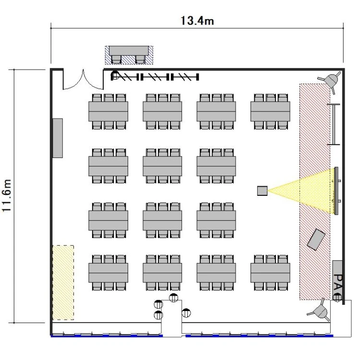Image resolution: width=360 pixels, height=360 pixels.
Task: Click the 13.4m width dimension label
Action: (x=197, y=21)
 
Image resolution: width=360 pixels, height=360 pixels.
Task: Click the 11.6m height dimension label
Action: (x=6, y=196)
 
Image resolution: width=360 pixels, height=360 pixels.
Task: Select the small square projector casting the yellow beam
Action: (x=262, y=191)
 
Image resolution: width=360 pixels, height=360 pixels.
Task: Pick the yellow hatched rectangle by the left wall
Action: (x=63, y=283)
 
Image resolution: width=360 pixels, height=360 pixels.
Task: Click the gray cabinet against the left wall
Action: (x=58, y=138)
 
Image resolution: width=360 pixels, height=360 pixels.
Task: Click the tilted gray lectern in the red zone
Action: (x=316, y=239)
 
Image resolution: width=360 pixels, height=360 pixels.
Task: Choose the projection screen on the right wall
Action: (x=336, y=191)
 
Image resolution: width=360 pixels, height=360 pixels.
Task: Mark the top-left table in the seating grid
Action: (x=108, y=111)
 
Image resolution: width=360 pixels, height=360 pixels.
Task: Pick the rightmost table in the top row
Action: (x=270, y=111)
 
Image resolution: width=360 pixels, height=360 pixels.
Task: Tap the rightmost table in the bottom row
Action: (x=270, y=273)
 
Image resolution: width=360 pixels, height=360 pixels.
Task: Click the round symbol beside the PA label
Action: (x=337, y=298)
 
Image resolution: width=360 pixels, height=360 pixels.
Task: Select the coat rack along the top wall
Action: (x=155, y=77)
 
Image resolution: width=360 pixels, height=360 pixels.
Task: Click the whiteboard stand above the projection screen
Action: (x=334, y=124)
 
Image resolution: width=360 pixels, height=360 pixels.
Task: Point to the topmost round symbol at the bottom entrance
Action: (x=174, y=298)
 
